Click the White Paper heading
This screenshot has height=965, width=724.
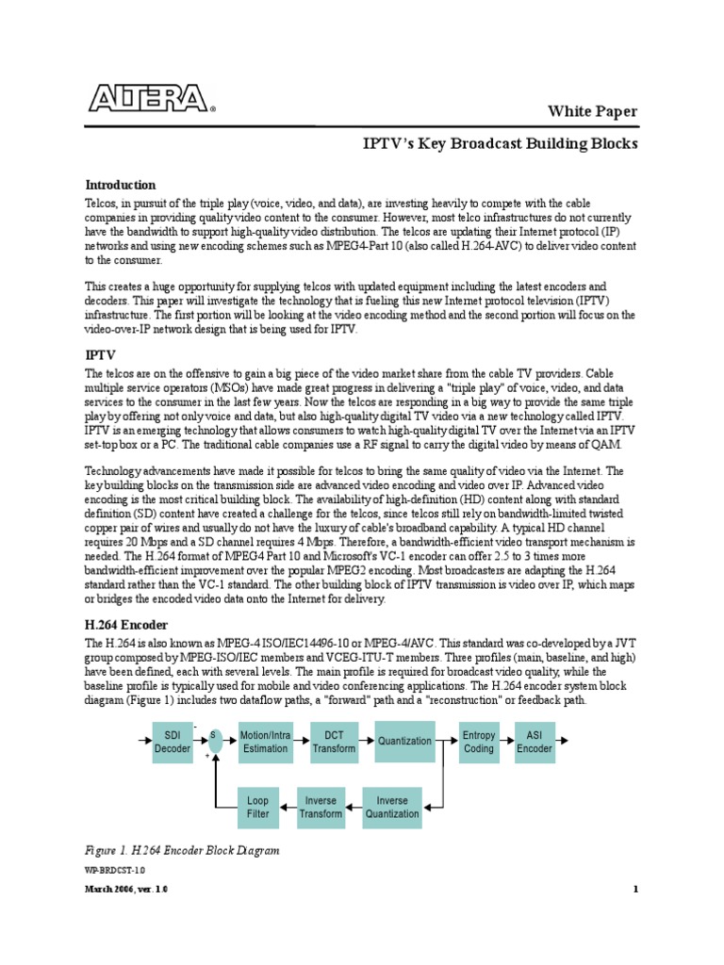pyautogui.click(x=593, y=112)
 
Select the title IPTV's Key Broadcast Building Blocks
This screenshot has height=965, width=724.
pyautogui.click(x=501, y=144)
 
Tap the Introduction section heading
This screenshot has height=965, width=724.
pyautogui.click(x=121, y=185)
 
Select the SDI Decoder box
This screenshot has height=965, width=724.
pyautogui.click(x=173, y=742)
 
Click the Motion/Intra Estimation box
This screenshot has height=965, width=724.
pyautogui.click(x=265, y=742)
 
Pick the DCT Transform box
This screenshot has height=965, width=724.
pyautogui.click(x=335, y=742)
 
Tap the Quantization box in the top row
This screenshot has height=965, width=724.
pyautogui.click(x=404, y=742)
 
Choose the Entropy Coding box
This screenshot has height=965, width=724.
pyautogui.click(x=479, y=742)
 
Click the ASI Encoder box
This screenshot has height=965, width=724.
pyautogui.click(x=535, y=742)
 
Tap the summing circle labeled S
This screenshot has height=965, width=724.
pyautogui.click(x=215, y=741)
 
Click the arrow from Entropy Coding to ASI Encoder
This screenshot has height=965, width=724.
pyautogui.click(x=507, y=742)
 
